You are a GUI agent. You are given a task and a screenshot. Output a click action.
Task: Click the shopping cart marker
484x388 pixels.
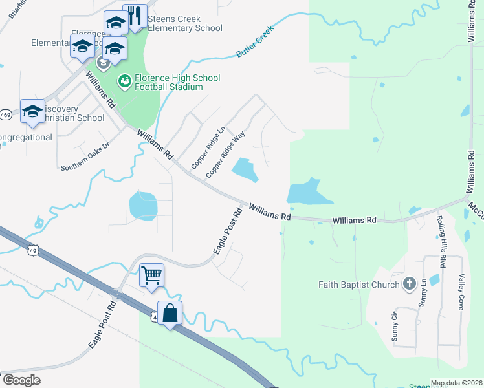pos(151,275)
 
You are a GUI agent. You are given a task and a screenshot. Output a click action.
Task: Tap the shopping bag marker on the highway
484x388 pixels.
pos(170,314)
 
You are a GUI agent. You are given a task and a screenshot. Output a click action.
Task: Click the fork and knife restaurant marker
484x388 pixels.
pos(135,16)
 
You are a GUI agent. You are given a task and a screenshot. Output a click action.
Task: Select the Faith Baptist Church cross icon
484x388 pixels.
pos(408,284)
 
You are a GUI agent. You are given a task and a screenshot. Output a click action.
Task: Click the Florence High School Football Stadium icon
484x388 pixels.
pos(124,81)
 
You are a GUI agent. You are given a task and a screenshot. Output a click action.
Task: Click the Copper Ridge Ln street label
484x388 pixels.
pos(208,148)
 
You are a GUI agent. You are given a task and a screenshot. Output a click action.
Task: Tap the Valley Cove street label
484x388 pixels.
pos(461,291)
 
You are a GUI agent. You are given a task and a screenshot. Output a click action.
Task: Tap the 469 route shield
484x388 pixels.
pos(5,115)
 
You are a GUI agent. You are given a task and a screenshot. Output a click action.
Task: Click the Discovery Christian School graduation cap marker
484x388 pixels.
pos(32,111)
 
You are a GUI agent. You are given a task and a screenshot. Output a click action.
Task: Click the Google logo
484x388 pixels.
pos(21,380)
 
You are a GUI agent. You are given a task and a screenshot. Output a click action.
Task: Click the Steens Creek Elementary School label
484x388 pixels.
pos(184,24)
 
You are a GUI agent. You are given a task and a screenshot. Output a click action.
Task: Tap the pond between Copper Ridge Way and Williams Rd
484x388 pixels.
pos(245,170)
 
